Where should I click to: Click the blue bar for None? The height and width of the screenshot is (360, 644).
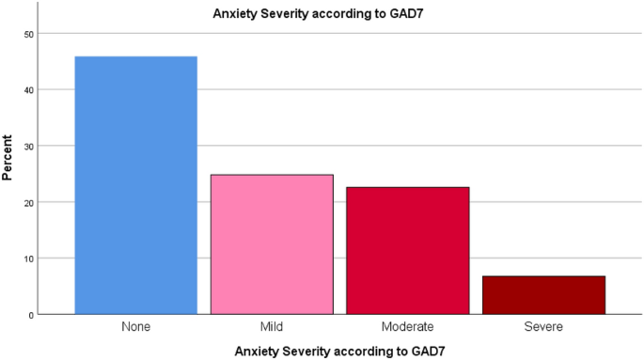click(x=135, y=185)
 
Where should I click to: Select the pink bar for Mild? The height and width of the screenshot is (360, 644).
click(x=272, y=244)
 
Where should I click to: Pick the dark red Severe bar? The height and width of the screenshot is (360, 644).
click(x=543, y=295)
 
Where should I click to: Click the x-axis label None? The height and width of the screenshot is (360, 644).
click(x=135, y=326)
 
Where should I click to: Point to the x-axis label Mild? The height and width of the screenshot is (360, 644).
click(x=272, y=326)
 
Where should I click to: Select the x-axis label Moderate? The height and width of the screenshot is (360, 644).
click(x=407, y=326)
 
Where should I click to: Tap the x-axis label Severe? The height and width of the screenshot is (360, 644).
click(x=543, y=326)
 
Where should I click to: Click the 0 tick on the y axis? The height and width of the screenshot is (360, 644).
click(x=30, y=314)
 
